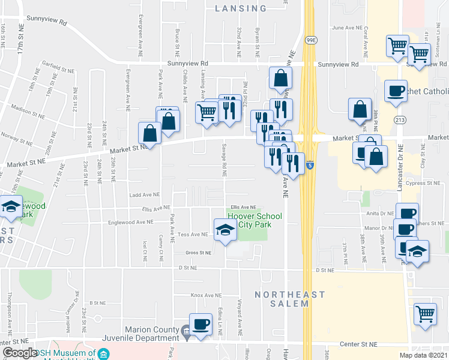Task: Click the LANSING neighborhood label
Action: pos(241,8)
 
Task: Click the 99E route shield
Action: pos(311,40)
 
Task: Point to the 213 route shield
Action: pos(400,120)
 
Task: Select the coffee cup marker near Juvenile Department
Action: pos(200,325)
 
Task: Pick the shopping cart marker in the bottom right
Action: pos(425,314)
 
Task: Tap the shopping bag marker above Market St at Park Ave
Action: pos(149,133)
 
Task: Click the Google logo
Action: pos(20,353)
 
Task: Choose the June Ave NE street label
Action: pos(348,28)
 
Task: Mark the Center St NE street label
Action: pos(357,345)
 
